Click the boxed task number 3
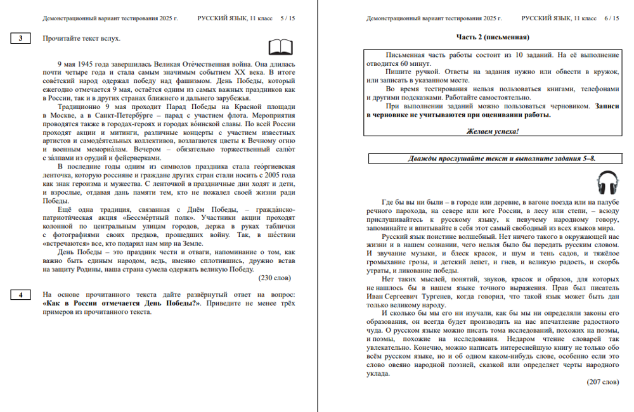coord(21,39)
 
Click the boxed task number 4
coord(21,295)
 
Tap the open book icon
coord(280,48)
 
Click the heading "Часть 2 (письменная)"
coord(493,37)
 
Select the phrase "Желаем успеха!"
coord(493,131)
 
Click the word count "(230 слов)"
coord(275,278)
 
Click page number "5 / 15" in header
coord(287,18)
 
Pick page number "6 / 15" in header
coord(611,18)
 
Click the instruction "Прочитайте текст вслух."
coord(81,39)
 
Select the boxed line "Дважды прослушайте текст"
coord(493,158)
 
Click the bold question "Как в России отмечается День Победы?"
coord(121,304)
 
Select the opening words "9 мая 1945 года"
coord(81,65)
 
